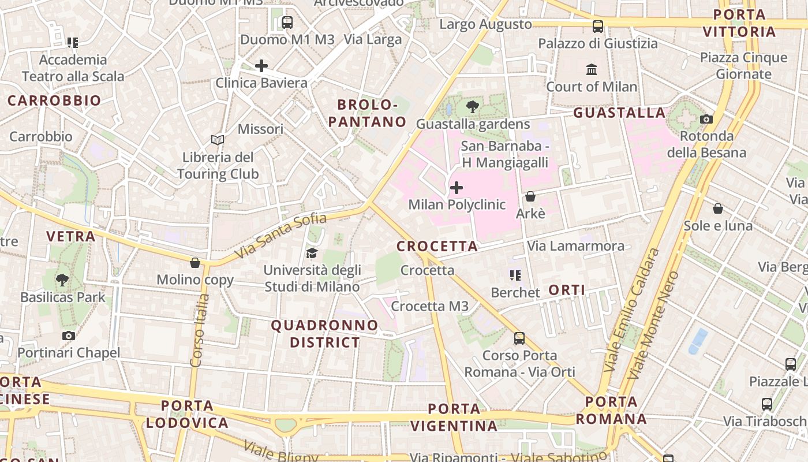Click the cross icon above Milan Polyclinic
pos(457,188)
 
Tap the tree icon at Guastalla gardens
pos(472,107)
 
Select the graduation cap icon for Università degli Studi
pos(312,253)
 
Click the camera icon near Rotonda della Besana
pos(706,120)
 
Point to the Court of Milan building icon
pos(592,70)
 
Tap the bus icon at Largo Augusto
pos(598,26)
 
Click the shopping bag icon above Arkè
pos(530,196)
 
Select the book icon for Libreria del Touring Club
pos(218,140)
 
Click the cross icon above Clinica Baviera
pos(261,66)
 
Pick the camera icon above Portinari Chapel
pos(69,336)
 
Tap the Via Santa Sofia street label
pos(281,236)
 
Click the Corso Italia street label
pos(200,330)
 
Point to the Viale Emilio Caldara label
pos(631,310)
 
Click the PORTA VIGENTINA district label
pos(454,418)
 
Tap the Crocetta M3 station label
pos(429,306)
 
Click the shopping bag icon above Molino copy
pos(195,263)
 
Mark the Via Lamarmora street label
pos(575,246)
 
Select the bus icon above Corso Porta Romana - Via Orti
pos(519,338)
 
